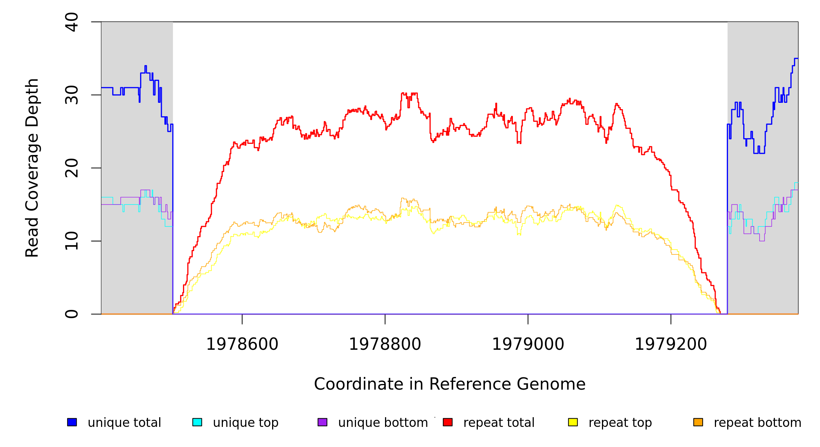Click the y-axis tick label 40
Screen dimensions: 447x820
pyautogui.click(x=72, y=22)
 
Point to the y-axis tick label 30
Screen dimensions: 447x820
pyautogui.click(x=72, y=95)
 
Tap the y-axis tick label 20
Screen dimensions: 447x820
pyautogui.click(x=72, y=168)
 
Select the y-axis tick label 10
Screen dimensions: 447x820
pyautogui.click(x=72, y=241)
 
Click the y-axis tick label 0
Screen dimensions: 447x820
pyautogui.click(x=72, y=314)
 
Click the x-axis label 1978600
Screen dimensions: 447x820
pyautogui.click(x=242, y=344)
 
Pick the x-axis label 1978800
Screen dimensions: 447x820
pyautogui.click(x=385, y=344)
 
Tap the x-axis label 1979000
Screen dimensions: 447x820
pyautogui.click(x=528, y=344)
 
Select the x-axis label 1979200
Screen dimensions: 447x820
pyautogui.click(x=671, y=344)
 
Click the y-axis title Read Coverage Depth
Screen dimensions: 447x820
pyautogui.click(x=32, y=168)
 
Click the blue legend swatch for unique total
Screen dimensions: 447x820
pyautogui.click(x=72, y=422)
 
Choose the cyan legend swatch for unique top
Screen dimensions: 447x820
pyautogui.click(x=197, y=422)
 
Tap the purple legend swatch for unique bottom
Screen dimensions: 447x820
pyautogui.click(x=322, y=422)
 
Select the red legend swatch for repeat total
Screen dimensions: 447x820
pyautogui.click(x=448, y=422)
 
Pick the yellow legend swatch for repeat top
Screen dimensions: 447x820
pyautogui.click(x=573, y=422)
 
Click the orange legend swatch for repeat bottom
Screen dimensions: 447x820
pyautogui.click(x=698, y=422)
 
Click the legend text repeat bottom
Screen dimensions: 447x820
pyautogui.click(x=757, y=423)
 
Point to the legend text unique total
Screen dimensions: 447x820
pyautogui.click(x=124, y=423)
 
